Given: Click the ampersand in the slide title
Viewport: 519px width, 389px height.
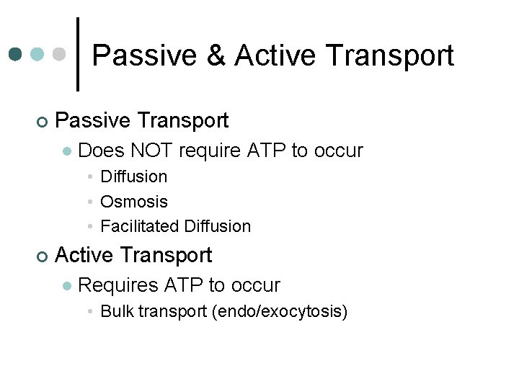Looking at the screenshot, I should (216, 56).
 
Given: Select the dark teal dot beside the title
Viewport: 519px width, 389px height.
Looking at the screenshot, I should (16, 54).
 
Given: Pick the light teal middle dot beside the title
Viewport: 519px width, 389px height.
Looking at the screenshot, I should (38, 54).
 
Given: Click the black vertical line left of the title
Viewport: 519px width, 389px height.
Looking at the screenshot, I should (78, 54).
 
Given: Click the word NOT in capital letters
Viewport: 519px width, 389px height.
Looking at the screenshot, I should (151, 151).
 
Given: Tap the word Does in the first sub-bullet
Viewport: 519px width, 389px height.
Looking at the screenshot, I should (99, 151).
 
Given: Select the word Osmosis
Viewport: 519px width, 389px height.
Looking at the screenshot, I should (134, 202).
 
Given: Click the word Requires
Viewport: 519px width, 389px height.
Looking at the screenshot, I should (117, 285).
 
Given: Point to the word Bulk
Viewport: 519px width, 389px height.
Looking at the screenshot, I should (117, 312).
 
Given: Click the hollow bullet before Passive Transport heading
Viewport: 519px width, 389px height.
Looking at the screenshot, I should (43, 121).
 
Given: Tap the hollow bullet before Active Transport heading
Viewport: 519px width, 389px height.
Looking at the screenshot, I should (43, 256).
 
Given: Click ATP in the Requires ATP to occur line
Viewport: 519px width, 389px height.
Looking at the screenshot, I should (184, 285).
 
